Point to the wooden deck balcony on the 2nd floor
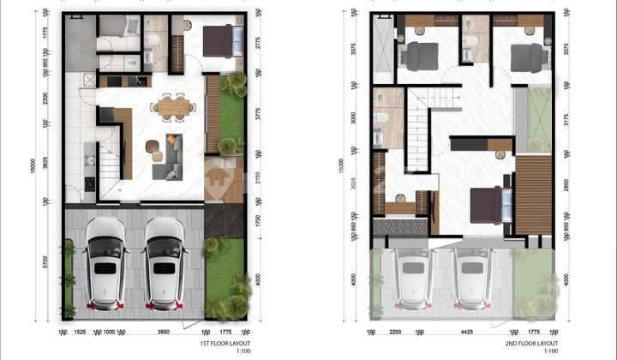tap(533, 195)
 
